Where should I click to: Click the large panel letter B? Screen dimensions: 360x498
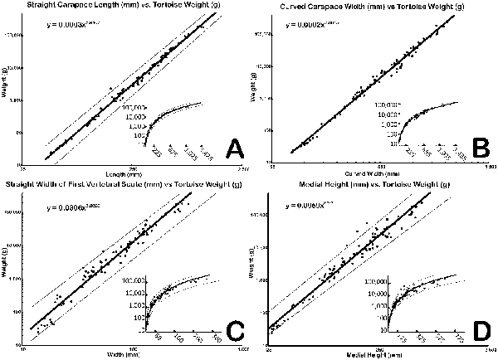[477, 149]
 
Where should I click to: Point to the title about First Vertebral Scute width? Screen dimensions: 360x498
[124, 183]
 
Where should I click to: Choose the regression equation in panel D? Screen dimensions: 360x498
[312, 203]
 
